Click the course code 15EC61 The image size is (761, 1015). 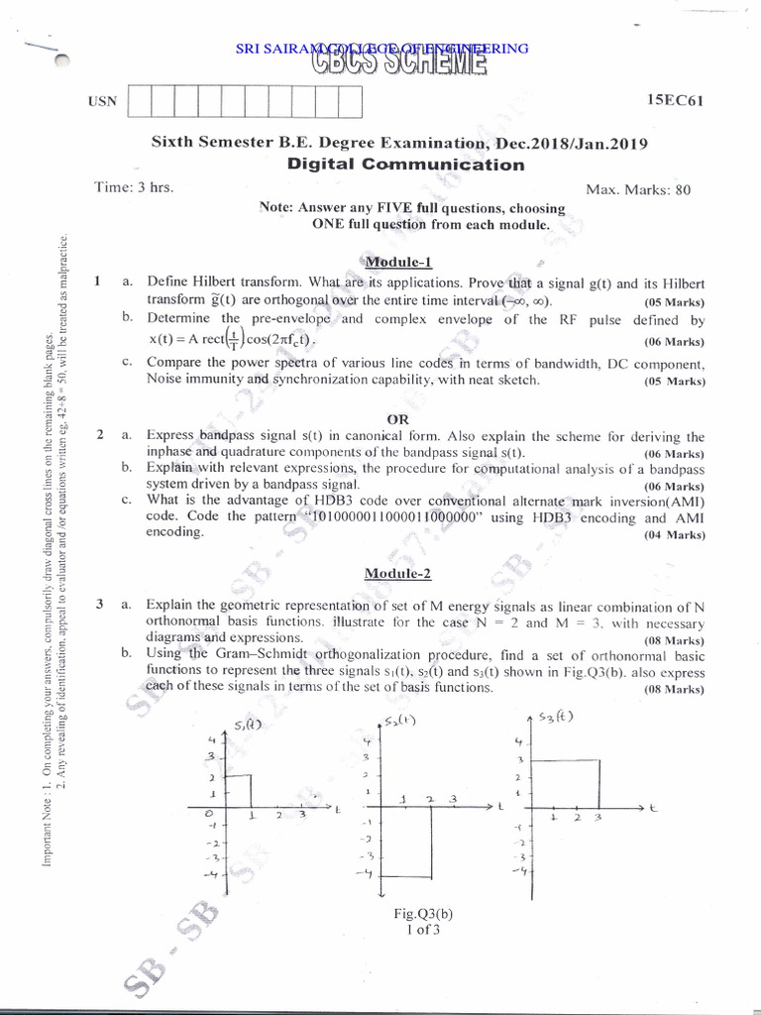pyautogui.click(x=675, y=100)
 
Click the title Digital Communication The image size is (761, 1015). pyautogui.click(x=405, y=165)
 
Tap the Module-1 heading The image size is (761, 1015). pyautogui.click(x=398, y=263)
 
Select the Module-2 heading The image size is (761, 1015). pyautogui.click(x=397, y=573)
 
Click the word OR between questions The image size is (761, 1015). pyautogui.click(x=397, y=419)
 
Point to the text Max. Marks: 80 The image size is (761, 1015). pyautogui.click(x=638, y=188)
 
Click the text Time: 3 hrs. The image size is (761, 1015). pyautogui.click(x=134, y=187)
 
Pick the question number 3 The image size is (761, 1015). pyautogui.click(x=100, y=604)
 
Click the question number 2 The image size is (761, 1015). pyautogui.click(x=100, y=435)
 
